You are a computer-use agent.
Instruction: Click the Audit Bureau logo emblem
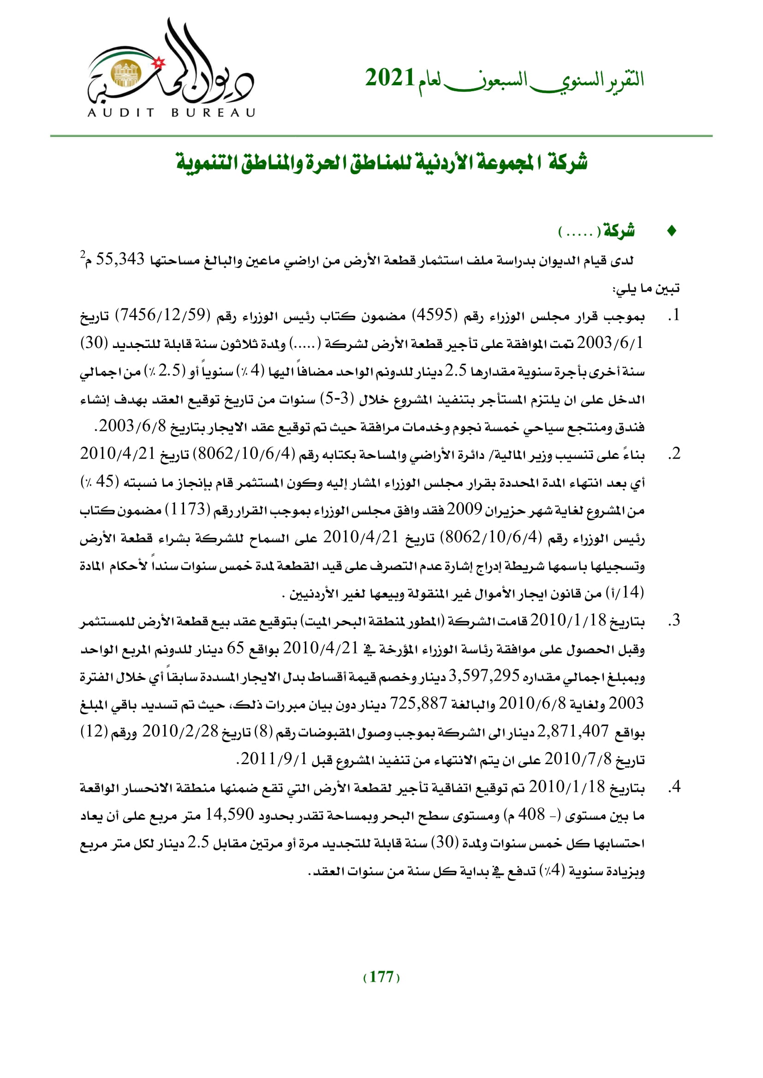pyautogui.click(x=170, y=68)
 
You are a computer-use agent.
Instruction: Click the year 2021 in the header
pyautogui.click(x=389, y=78)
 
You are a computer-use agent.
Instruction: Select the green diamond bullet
pyautogui.click(x=672, y=231)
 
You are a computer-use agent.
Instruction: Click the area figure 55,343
pyautogui.click(x=120, y=259)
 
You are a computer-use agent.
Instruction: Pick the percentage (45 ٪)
pyautogui.click(x=100, y=481)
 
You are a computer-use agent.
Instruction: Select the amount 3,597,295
pyautogui.click(x=484, y=676)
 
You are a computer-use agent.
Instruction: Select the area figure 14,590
pyautogui.click(x=230, y=814)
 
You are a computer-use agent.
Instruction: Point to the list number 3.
pyautogui.click(x=674, y=621)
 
